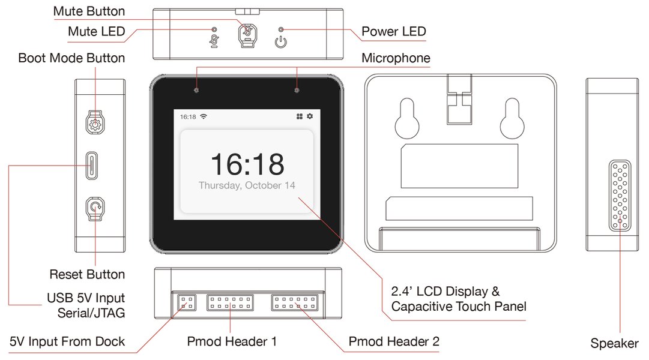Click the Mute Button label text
[x=89, y=11]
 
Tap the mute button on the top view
[x=247, y=35]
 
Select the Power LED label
[x=394, y=31]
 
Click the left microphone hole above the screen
[x=196, y=90]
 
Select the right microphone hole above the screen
[x=297, y=90]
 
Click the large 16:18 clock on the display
[x=247, y=164]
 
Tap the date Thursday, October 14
[x=247, y=185]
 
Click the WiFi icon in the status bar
[x=204, y=116]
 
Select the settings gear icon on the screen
[x=310, y=116]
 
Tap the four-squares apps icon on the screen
[x=300, y=116]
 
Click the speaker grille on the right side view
[x=619, y=196]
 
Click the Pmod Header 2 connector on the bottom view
[x=294, y=302]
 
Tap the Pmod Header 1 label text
[x=232, y=342]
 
